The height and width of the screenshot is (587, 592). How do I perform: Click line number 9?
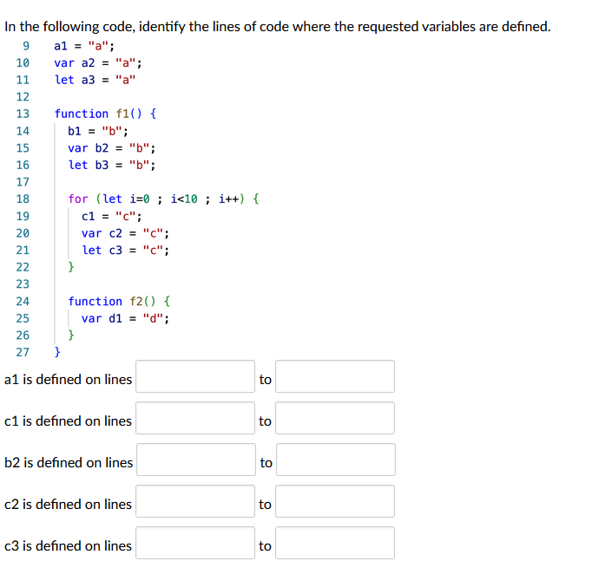[x=26, y=46]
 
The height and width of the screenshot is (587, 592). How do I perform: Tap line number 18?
[x=23, y=199]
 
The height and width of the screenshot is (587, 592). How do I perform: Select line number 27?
[x=23, y=352]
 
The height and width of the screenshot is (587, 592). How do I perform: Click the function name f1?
[x=122, y=114]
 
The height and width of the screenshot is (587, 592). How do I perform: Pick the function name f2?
[x=136, y=301]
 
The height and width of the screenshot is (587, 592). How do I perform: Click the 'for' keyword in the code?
[x=78, y=199]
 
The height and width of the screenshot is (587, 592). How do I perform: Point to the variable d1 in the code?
[x=115, y=318]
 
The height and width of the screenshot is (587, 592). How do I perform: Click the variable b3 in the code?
[x=102, y=165]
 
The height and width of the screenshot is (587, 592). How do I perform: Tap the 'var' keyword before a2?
[x=64, y=63]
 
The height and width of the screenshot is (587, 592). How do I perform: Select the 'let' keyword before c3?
[x=92, y=250]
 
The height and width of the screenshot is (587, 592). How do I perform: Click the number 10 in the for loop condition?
[x=191, y=199]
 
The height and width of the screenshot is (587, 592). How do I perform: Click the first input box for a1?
[x=195, y=376]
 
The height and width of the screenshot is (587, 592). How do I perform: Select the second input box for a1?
[x=335, y=376]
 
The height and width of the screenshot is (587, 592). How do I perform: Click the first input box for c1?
[x=195, y=418]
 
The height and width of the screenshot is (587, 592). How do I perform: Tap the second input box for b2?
[x=336, y=460]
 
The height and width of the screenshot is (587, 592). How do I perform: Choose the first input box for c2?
[x=195, y=501]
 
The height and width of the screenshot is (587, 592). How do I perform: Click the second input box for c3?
[x=335, y=543]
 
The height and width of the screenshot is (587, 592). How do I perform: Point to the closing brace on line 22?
[x=71, y=267]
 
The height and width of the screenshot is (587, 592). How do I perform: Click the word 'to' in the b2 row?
[x=266, y=463]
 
